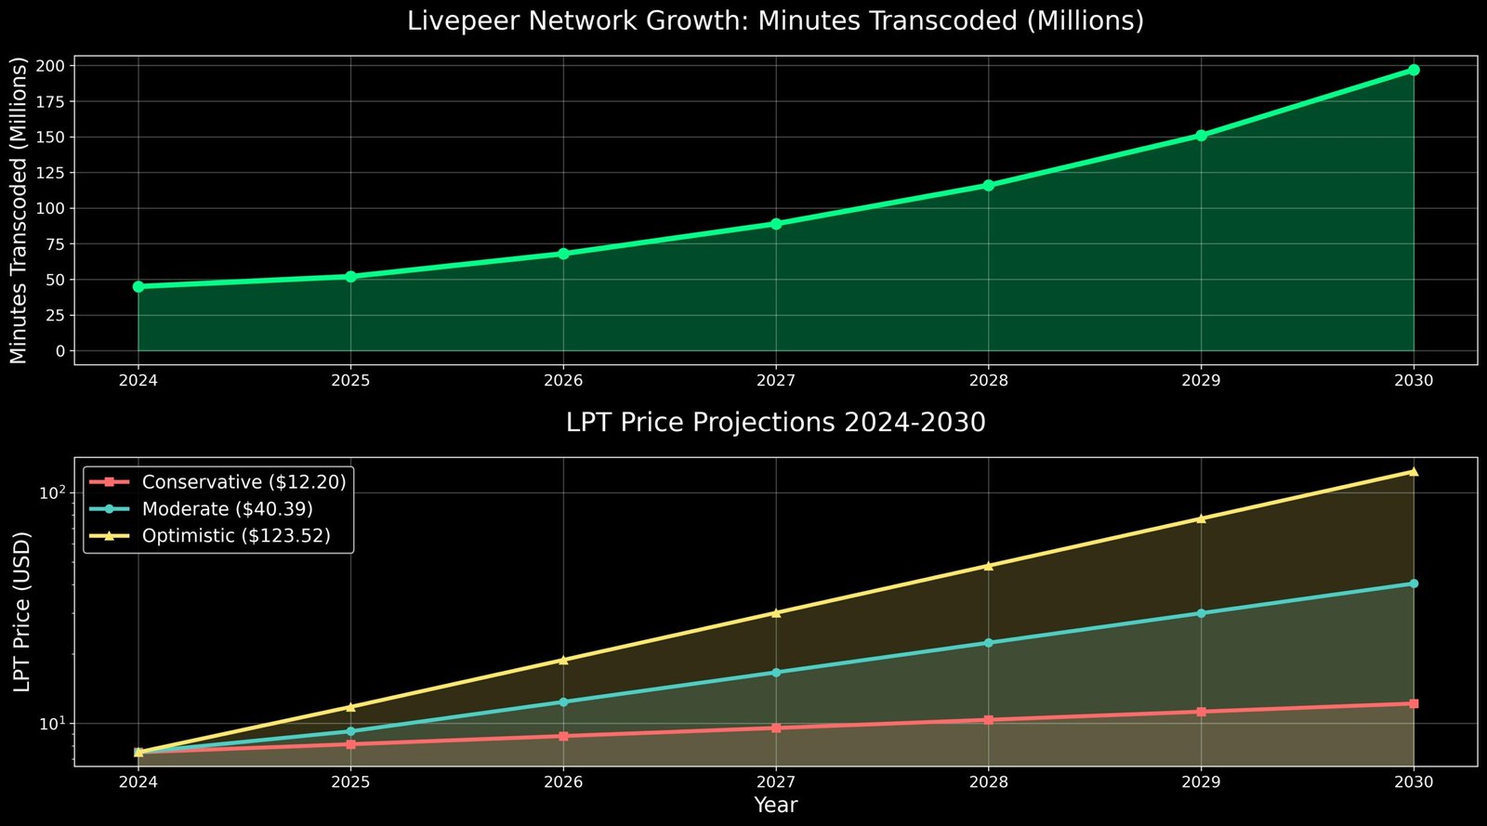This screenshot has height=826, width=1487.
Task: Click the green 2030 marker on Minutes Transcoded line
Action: click(x=1413, y=70)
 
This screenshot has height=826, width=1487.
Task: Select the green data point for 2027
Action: click(x=775, y=224)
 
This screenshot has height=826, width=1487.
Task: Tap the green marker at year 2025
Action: click(x=350, y=277)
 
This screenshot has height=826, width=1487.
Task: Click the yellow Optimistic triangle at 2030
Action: click(x=1413, y=471)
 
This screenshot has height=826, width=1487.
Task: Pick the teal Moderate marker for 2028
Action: click(x=988, y=643)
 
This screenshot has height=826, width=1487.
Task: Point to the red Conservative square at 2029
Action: click(x=1201, y=712)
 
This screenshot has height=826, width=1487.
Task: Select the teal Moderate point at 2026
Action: click(x=563, y=701)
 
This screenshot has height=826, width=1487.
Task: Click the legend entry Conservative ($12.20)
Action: click(x=243, y=482)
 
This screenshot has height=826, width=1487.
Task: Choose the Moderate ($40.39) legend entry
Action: click(x=227, y=509)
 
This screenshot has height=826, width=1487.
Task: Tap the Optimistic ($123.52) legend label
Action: click(x=236, y=536)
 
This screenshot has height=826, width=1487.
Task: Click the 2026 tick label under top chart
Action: click(x=563, y=381)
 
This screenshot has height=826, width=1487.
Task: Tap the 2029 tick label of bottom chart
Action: click(x=1201, y=782)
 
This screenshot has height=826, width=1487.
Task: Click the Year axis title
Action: click(x=775, y=805)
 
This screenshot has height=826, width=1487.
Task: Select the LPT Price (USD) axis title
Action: click(x=22, y=611)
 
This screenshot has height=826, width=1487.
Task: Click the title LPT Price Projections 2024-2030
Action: click(x=775, y=423)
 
